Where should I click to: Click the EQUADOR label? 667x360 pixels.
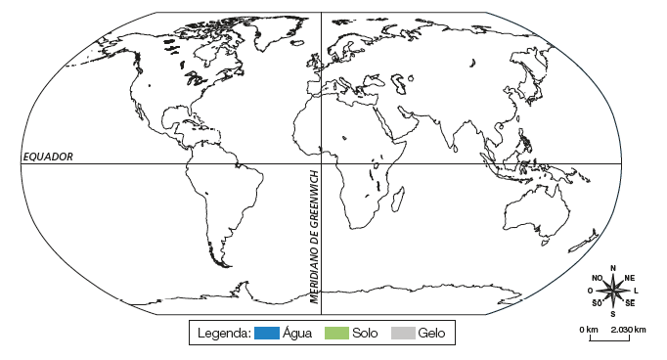(48, 157)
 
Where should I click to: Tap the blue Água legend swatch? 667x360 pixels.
(267, 333)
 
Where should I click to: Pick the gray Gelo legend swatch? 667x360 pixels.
(403, 333)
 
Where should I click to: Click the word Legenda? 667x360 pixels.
(224, 333)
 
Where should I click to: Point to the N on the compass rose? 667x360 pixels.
(613, 267)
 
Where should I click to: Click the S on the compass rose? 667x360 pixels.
(613, 313)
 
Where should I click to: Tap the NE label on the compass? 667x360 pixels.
(629, 277)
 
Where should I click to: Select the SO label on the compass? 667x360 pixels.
(597, 303)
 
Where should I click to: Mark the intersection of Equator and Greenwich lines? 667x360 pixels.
(322, 163)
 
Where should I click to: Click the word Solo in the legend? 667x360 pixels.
(364, 333)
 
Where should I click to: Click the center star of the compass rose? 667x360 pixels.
(613, 290)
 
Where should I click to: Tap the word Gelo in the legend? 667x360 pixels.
(431, 333)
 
